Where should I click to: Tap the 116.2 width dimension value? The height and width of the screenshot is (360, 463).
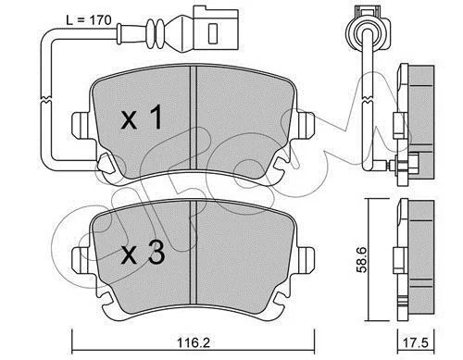[x=194, y=342]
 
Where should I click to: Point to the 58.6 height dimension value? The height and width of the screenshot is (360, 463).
[x=361, y=259]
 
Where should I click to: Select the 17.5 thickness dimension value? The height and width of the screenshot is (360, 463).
[x=417, y=343]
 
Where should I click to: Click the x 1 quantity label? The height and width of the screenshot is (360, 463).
[x=142, y=118]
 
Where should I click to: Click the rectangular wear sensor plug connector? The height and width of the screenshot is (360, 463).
[x=216, y=29]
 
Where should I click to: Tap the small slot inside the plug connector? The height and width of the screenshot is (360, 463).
[x=213, y=33]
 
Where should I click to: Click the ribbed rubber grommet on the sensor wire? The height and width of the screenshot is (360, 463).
[x=156, y=34]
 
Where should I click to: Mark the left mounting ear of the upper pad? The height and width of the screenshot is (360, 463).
[x=81, y=126]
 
